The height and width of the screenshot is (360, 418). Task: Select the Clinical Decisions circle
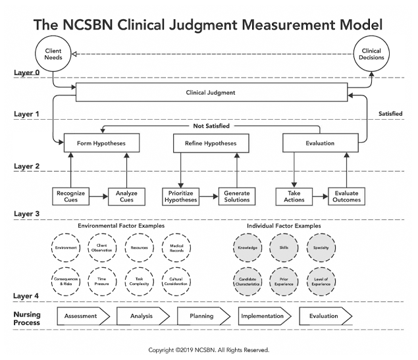(371, 55)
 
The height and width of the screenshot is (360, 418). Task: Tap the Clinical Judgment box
(211, 93)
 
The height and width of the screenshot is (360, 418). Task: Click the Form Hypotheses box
(102, 143)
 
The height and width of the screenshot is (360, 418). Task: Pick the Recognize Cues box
(70, 195)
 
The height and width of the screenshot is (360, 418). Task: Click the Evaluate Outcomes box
(346, 195)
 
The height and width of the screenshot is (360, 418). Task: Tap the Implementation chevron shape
(263, 316)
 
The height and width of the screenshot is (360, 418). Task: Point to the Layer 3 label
(27, 214)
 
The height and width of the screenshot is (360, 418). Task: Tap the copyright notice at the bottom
(209, 350)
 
